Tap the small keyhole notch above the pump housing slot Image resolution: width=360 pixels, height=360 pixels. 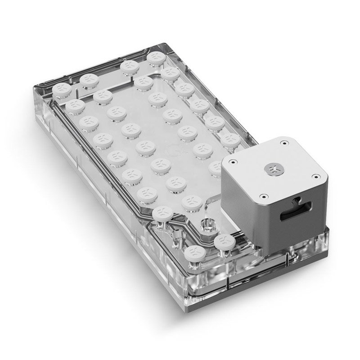(298, 200)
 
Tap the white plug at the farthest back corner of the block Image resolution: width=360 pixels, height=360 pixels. (156, 57)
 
